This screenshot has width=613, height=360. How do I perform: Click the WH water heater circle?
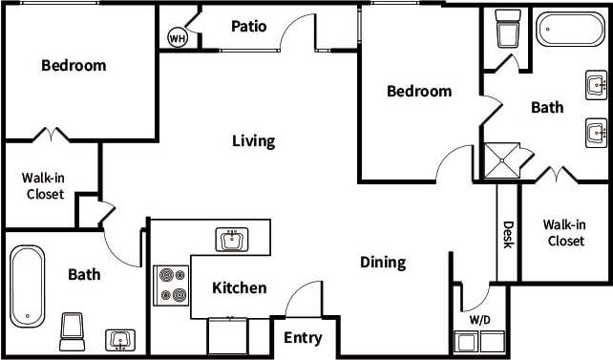[177, 37]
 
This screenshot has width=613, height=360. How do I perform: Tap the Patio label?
[248, 27]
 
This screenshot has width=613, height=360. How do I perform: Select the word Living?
[253, 141]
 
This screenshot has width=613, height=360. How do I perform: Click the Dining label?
[383, 262]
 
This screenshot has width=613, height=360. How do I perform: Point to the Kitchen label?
[239, 287]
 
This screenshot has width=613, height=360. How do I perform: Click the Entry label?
[303, 338]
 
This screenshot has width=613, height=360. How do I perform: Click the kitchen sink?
[232, 239]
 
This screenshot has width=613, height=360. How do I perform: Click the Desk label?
[508, 235]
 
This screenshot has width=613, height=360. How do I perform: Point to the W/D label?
[480, 319]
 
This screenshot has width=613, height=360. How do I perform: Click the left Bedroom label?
[74, 66]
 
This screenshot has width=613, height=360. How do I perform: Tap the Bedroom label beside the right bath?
[418, 92]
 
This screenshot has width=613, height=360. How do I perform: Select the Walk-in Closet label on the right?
[563, 233]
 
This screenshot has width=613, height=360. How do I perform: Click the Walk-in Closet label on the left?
[44, 185]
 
